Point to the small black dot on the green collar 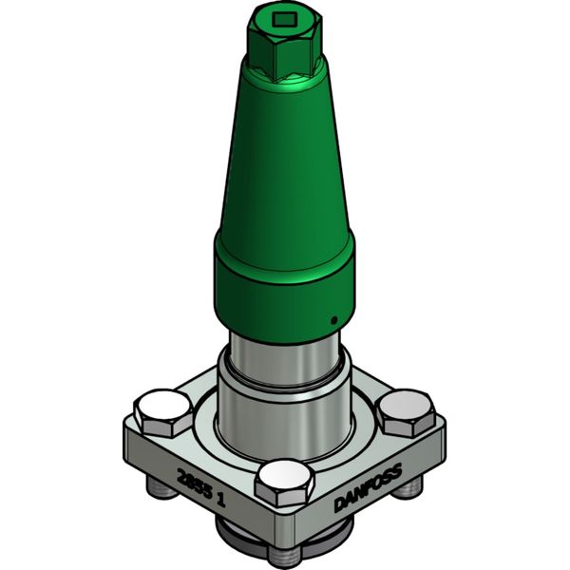(x=332, y=319)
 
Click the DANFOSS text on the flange (x=368, y=487)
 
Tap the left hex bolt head (x=160, y=409)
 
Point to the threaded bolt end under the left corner (x=158, y=489)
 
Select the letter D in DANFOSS (x=339, y=506)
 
